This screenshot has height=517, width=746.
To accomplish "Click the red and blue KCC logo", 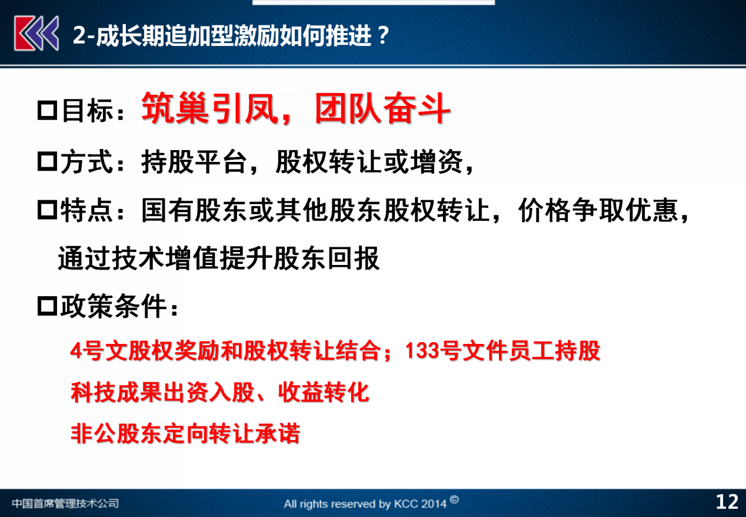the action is tap(36, 34).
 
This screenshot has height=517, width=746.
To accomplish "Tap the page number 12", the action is tap(727, 502).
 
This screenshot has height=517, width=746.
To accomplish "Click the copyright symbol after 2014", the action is tap(454, 500).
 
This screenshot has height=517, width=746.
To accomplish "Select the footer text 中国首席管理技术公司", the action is tap(65, 503).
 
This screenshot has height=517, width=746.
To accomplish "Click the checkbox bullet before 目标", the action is tap(47, 110).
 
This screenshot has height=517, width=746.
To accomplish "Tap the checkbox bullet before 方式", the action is tap(47, 161).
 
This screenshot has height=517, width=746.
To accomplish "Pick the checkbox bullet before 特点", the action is tap(47, 210).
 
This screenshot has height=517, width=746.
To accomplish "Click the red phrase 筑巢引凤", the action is tap(210, 108).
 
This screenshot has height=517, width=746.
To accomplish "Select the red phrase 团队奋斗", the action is tap(382, 108).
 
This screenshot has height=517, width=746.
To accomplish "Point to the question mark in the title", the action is tap(384, 35).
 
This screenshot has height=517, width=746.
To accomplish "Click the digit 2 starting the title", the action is tap(79, 35).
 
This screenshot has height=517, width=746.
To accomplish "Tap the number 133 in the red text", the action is tap(422, 351).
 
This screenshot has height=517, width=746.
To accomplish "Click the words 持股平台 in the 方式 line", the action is tap(194, 162).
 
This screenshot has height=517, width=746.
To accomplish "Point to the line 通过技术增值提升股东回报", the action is tap(219, 258).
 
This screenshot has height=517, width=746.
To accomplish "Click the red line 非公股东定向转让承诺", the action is tap(185, 433).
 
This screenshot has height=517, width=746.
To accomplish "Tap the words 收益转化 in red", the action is tap(324, 392).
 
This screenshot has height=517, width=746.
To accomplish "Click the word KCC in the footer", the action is tap(405, 503).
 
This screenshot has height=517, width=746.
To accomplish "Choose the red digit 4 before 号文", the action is tap(76, 351).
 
